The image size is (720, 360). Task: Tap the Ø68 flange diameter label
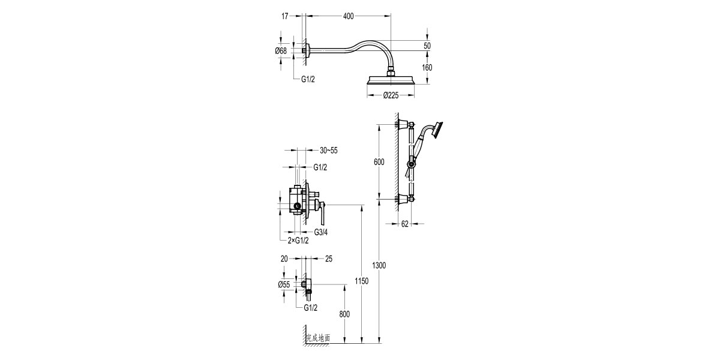point(281,51)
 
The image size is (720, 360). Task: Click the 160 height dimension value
point(427,68)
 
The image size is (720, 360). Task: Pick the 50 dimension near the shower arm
point(427,46)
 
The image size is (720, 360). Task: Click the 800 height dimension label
point(344,314)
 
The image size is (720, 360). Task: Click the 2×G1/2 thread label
point(298,241)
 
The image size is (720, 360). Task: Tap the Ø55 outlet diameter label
point(284,286)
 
